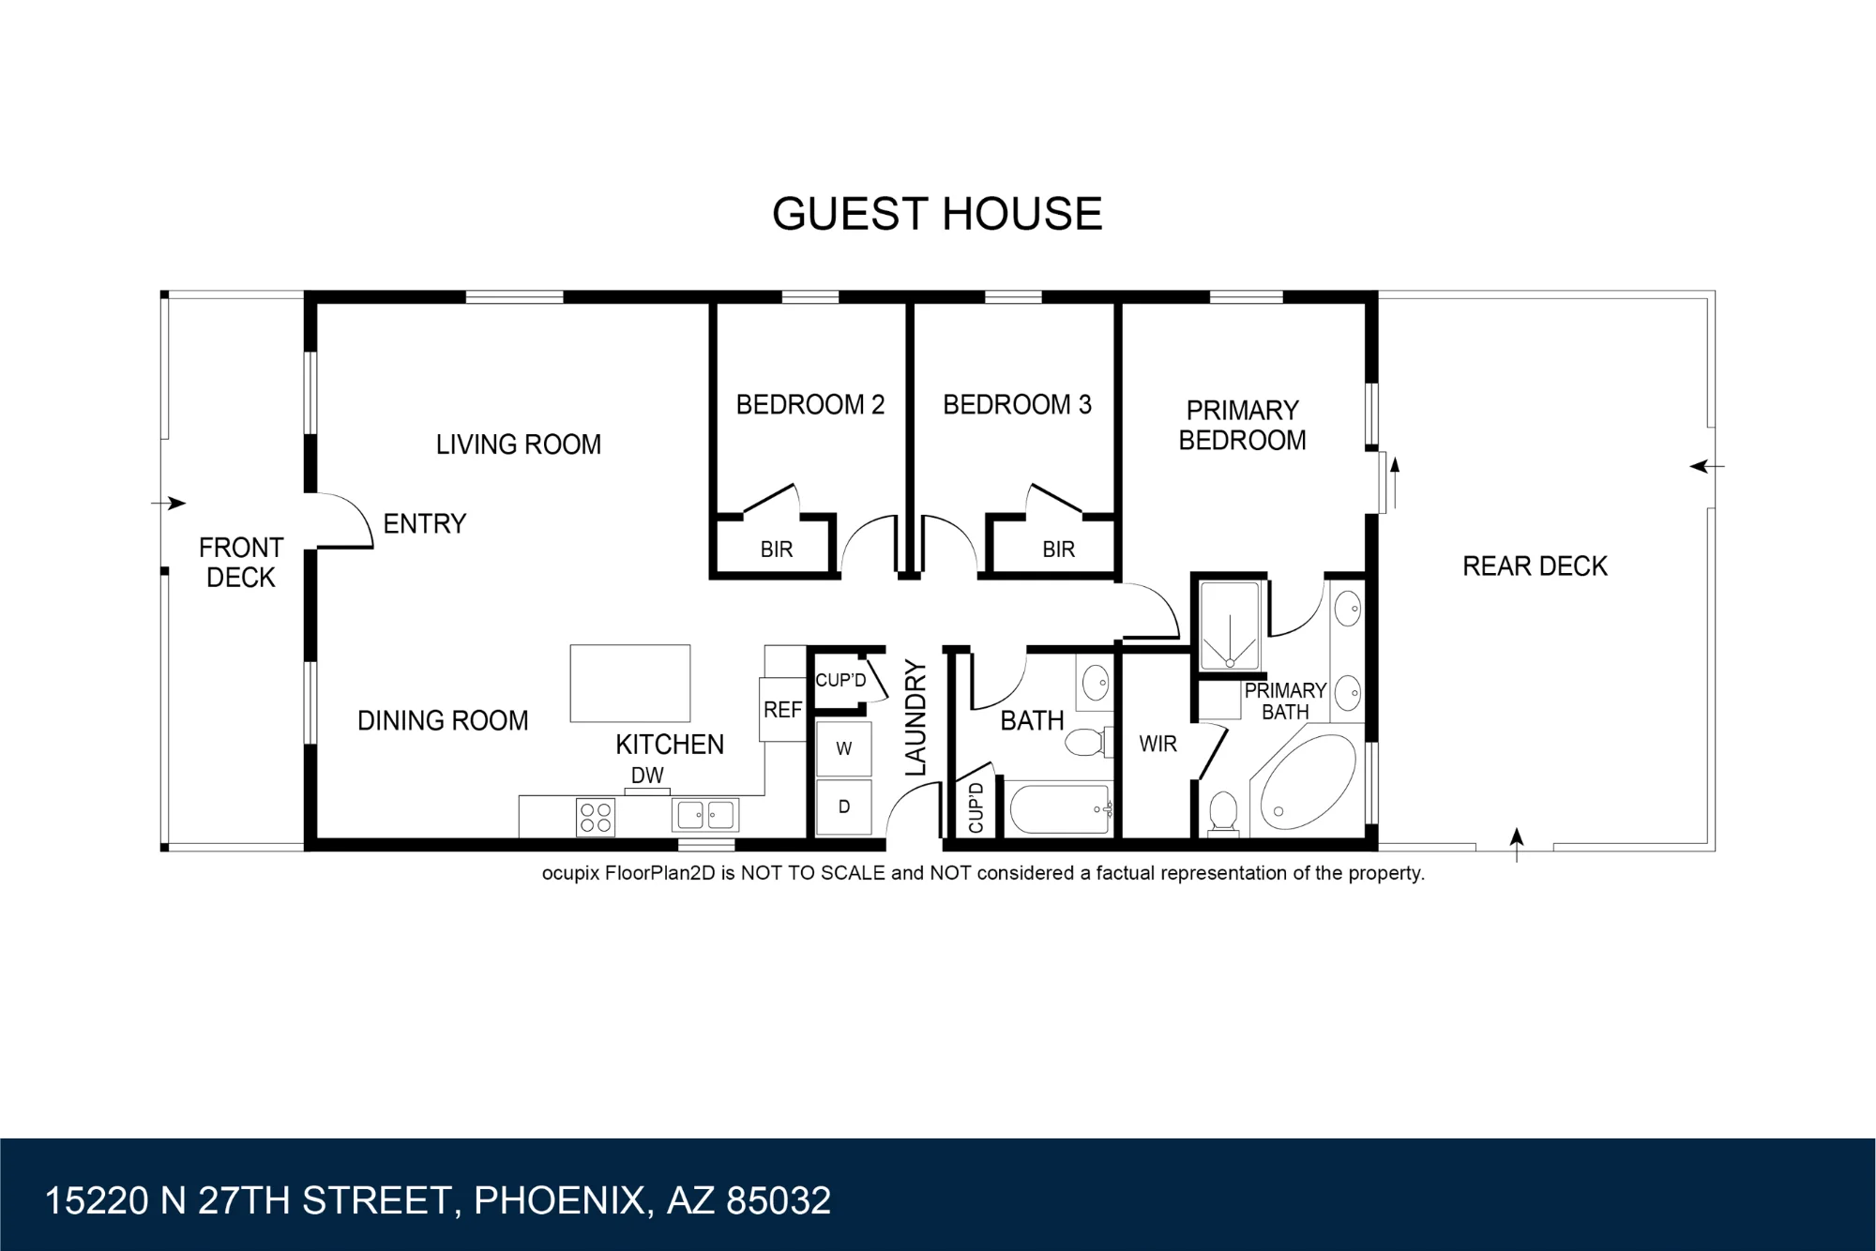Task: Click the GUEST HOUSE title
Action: click(x=937, y=214)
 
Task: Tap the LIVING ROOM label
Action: click(x=519, y=445)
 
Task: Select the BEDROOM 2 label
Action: click(x=810, y=404)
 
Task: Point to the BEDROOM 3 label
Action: click(x=1018, y=404)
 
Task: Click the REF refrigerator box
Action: click(x=783, y=709)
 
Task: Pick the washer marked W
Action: click(x=844, y=748)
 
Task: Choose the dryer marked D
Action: click(x=844, y=806)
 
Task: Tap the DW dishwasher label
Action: click(x=647, y=776)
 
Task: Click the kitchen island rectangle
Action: click(x=630, y=683)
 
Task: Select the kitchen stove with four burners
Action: click(x=596, y=817)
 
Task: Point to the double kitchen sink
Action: click(x=705, y=815)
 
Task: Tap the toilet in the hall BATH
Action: click(x=1089, y=742)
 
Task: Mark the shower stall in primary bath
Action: click(x=1230, y=625)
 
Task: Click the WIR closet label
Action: click(x=1158, y=744)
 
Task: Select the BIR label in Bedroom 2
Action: click(x=777, y=550)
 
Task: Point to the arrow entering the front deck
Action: click(x=169, y=504)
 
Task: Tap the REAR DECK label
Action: click(x=1536, y=565)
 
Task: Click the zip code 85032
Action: click(x=779, y=1200)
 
